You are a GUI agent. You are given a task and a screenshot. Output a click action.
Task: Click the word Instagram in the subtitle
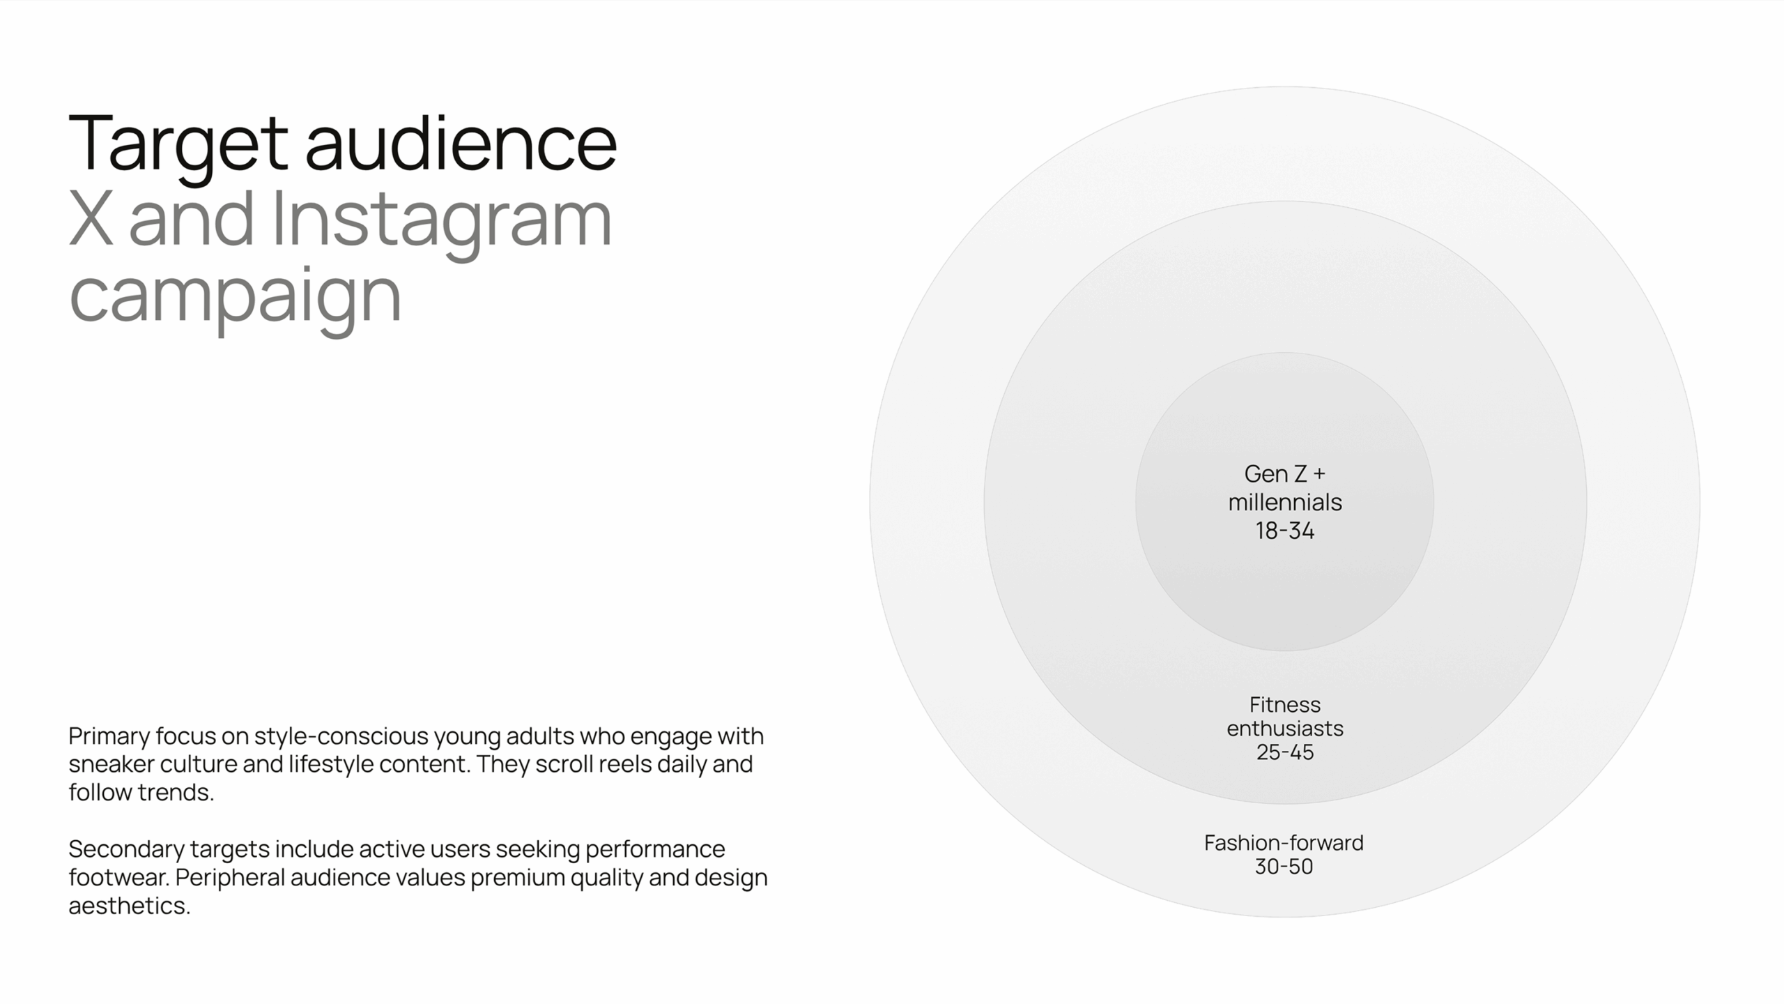[442, 223]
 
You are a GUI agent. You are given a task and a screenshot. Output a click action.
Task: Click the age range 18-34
[1285, 531]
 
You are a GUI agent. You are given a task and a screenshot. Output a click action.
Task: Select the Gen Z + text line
[1285, 474]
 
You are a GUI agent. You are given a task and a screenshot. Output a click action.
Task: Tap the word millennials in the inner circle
[1285, 503]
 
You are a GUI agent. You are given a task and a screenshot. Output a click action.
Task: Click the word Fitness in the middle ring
[1285, 705]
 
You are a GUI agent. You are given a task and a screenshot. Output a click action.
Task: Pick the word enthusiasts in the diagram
[1285, 729]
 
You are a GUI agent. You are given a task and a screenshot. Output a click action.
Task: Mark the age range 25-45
[1285, 752]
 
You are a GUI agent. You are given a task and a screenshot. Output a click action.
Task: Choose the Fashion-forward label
[1284, 844]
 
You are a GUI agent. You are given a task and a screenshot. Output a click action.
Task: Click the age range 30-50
[1284, 867]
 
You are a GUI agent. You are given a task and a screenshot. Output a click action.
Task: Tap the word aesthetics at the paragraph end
[129, 906]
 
